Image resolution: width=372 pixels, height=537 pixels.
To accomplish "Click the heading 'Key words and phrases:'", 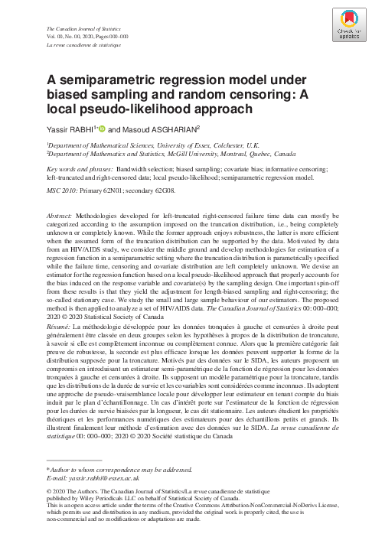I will click(x=77, y=167).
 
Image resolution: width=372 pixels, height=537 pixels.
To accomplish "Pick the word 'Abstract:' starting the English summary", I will click(x=63, y=207).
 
